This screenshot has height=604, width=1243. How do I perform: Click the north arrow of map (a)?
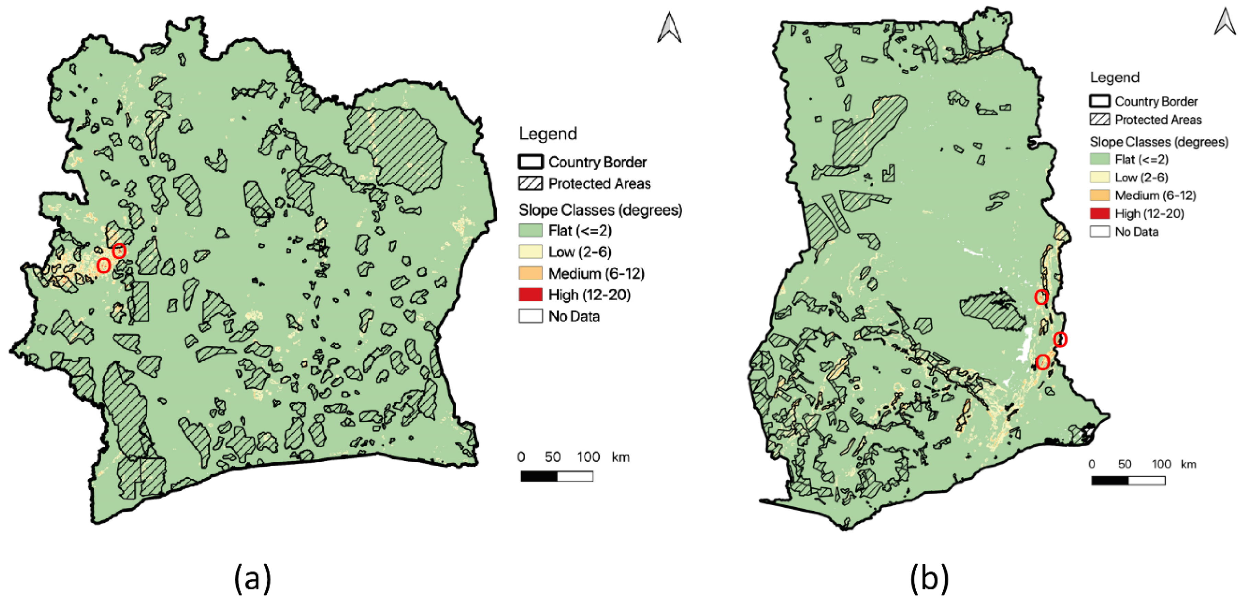[x=669, y=28]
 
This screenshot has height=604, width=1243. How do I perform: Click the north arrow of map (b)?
[x=1225, y=22]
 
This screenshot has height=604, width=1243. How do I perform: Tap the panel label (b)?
[x=929, y=578]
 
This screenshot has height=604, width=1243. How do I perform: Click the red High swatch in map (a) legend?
[x=530, y=294]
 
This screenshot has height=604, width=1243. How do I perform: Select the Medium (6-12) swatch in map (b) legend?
[x=1100, y=195]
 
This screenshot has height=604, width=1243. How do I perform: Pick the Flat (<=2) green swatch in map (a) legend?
[x=530, y=230]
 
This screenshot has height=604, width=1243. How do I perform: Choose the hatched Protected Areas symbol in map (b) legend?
[x=1100, y=119]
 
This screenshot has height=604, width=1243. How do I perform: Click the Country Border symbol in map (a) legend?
[x=530, y=162]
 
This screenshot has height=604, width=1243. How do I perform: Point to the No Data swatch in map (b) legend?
[x=1100, y=232]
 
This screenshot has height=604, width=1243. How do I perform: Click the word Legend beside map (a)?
[x=548, y=133]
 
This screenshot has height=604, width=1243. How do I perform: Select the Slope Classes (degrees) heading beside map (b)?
[x=1159, y=142]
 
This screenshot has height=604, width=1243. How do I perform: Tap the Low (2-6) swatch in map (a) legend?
[x=530, y=252]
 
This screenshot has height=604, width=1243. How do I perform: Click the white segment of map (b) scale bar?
[x=1147, y=480]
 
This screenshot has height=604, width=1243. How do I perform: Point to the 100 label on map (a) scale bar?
[x=588, y=457]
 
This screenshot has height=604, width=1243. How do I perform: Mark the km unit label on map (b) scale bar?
[x=1188, y=464]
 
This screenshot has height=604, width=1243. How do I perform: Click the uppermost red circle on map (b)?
[x=1041, y=297]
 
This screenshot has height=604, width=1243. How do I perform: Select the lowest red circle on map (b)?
[x=1043, y=362]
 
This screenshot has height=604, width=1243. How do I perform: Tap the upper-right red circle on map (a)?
[x=119, y=251]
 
